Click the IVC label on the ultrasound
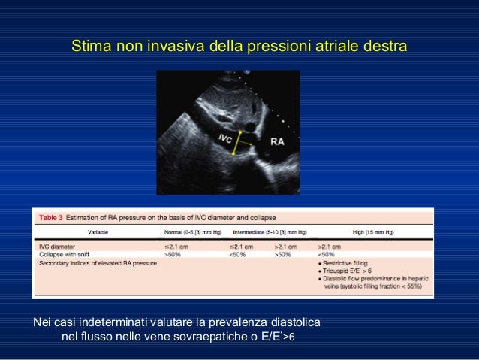[224, 139]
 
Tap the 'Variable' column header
[103, 231]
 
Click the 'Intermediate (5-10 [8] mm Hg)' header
[269, 231]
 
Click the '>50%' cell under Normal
[173, 253]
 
